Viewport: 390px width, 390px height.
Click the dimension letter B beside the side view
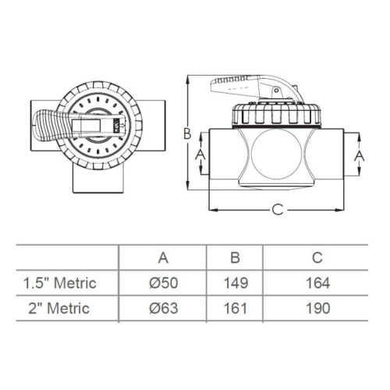pyautogui.click(x=187, y=134)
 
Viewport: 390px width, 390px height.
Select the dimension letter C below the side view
pyautogui.click(x=277, y=209)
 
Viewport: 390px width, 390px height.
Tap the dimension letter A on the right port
pyautogui.click(x=359, y=155)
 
